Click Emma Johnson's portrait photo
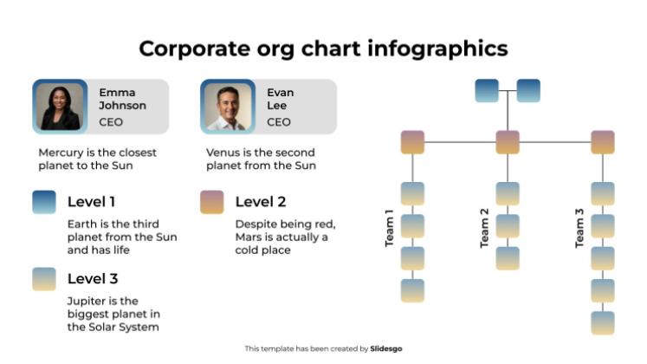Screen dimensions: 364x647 pyautogui.click(x=60, y=107)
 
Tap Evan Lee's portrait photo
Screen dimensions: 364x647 pyautogui.click(x=227, y=107)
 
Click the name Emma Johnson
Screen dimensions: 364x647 pyautogui.click(x=122, y=99)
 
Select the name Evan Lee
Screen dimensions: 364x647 pyautogui.click(x=280, y=99)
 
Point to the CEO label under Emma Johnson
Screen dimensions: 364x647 pyautogui.click(x=111, y=122)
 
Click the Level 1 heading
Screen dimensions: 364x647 pyautogui.click(x=92, y=202)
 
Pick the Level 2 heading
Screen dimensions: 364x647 pyautogui.click(x=261, y=202)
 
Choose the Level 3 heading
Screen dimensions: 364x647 pyautogui.click(x=93, y=279)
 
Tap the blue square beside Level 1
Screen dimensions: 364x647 pyautogui.click(x=43, y=202)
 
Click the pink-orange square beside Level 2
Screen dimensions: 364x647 pyautogui.click(x=211, y=202)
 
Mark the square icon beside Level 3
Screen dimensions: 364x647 pyautogui.click(x=43, y=279)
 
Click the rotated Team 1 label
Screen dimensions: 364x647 pyautogui.click(x=390, y=229)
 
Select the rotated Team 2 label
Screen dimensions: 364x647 pyautogui.click(x=484, y=229)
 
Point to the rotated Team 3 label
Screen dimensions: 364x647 pyautogui.click(x=579, y=229)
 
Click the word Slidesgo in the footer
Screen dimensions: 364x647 pyautogui.click(x=386, y=348)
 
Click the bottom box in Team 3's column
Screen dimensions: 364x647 pyautogui.click(x=603, y=322)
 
